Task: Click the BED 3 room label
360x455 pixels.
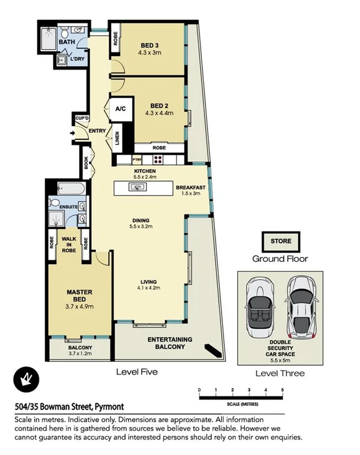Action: pos(151,45)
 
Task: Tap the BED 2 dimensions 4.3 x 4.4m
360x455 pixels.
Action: pos(159,113)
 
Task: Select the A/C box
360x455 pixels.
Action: pos(120,109)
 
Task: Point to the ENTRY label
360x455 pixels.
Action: pos(97,131)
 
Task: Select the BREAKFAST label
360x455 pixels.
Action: pos(190,187)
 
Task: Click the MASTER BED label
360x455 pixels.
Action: pos(79,294)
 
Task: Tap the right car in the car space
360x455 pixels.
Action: pos(300,303)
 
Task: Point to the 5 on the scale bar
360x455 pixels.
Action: pos(282,390)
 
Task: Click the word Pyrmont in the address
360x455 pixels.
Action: pos(109,406)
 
